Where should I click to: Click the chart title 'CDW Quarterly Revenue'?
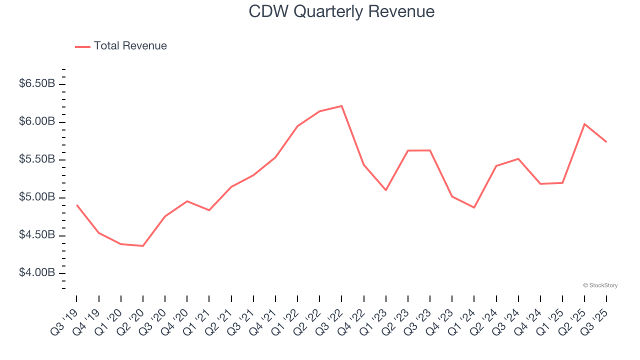341,11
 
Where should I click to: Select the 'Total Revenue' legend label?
130,46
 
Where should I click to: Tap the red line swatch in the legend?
82,46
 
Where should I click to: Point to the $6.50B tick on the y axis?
37,83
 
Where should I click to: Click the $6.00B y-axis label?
37,121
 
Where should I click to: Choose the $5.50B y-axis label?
37,159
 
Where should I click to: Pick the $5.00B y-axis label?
37,197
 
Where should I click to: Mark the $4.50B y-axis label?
37,235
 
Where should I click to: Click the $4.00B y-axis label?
37,273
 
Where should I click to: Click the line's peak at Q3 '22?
341,106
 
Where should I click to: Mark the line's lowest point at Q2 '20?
143,246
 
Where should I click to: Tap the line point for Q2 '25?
584,124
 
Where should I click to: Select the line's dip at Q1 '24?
474,207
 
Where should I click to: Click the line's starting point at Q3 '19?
76,205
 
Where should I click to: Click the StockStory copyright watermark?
600,285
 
